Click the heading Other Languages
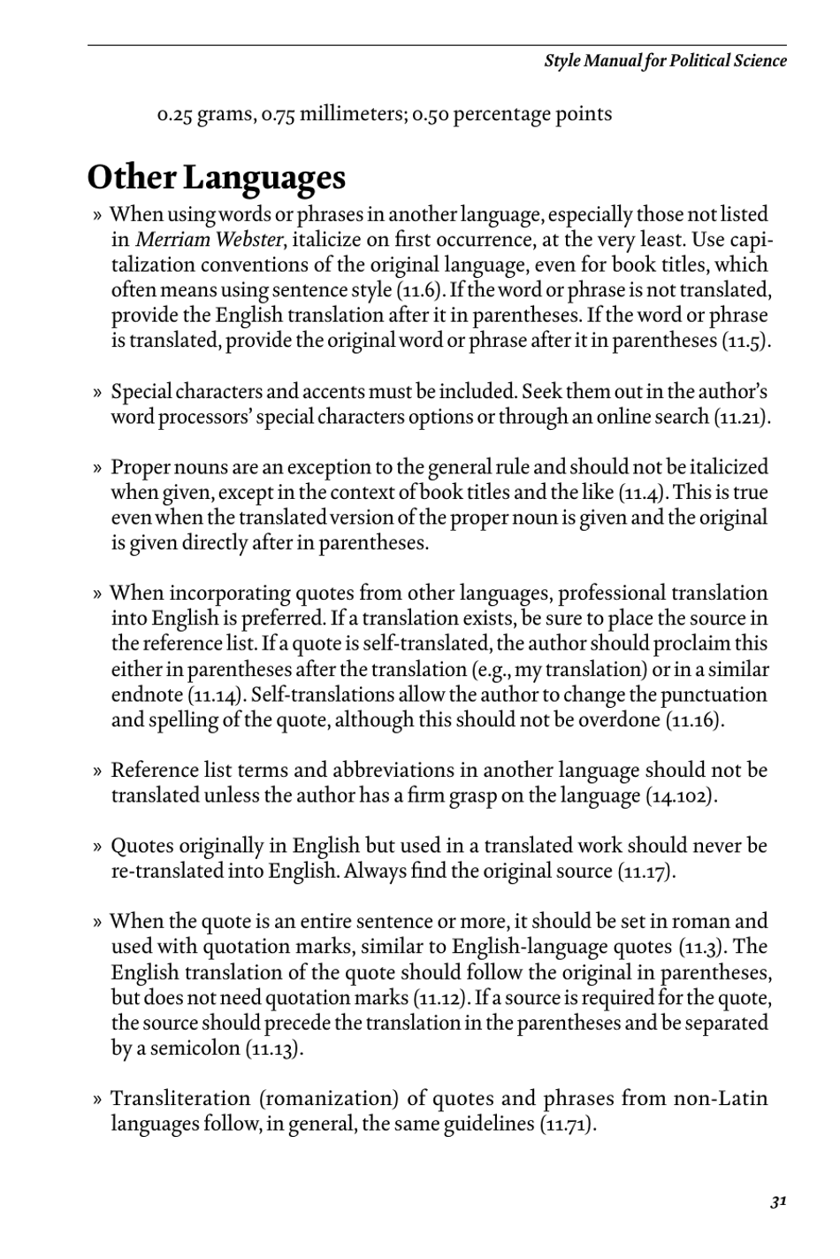pyautogui.click(x=216, y=178)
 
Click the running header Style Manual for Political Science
pyautogui.click(x=665, y=61)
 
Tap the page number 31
pyautogui.click(x=778, y=1201)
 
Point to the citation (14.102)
pyautogui.click(x=681, y=795)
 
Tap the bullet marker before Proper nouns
pyautogui.click(x=97, y=468)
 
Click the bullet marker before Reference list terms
pyautogui.click(x=97, y=771)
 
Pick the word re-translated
pyautogui.click(x=168, y=871)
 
